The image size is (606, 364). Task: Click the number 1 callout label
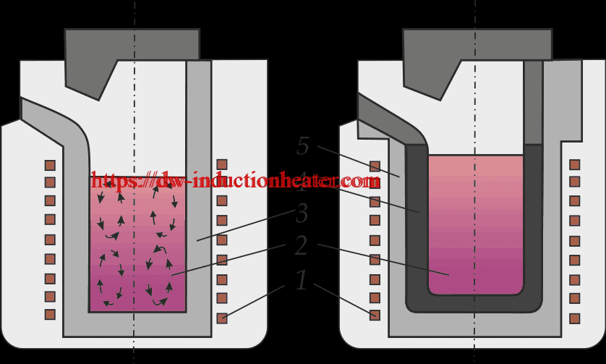point(302,280)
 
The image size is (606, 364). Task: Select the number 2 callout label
point(301,246)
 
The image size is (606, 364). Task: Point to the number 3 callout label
point(302,214)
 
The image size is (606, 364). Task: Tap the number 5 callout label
point(303,147)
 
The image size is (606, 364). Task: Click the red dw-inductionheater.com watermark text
point(236,179)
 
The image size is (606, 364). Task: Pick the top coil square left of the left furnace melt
point(50,165)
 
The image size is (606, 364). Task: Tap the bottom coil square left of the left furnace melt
point(50,314)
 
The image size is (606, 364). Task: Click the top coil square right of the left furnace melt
point(222,165)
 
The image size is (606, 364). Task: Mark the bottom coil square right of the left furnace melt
point(222,317)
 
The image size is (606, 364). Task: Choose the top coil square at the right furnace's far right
point(575,165)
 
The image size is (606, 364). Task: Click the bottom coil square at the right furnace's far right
point(575,318)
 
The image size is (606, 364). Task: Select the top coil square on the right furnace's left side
point(375,166)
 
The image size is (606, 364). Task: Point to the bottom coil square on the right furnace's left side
point(375,315)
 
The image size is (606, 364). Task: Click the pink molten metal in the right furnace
point(475,224)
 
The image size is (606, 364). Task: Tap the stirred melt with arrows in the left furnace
point(137,246)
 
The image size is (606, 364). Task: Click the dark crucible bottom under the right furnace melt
point(475,303)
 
